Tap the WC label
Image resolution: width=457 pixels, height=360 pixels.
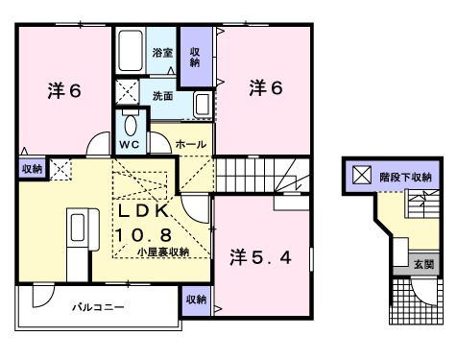(x=131, y=144)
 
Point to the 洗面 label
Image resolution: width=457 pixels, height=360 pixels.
(x=162, y=96)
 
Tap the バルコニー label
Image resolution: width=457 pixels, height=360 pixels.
(x=100, y=308)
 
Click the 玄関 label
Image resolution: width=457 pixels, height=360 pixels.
(x=423, y=263)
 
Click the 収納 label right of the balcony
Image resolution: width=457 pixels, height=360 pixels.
(x=196, y=300)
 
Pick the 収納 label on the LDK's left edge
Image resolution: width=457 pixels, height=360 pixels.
(x=32, y=169)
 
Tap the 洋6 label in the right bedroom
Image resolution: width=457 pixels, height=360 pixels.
(x=266, y=87)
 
